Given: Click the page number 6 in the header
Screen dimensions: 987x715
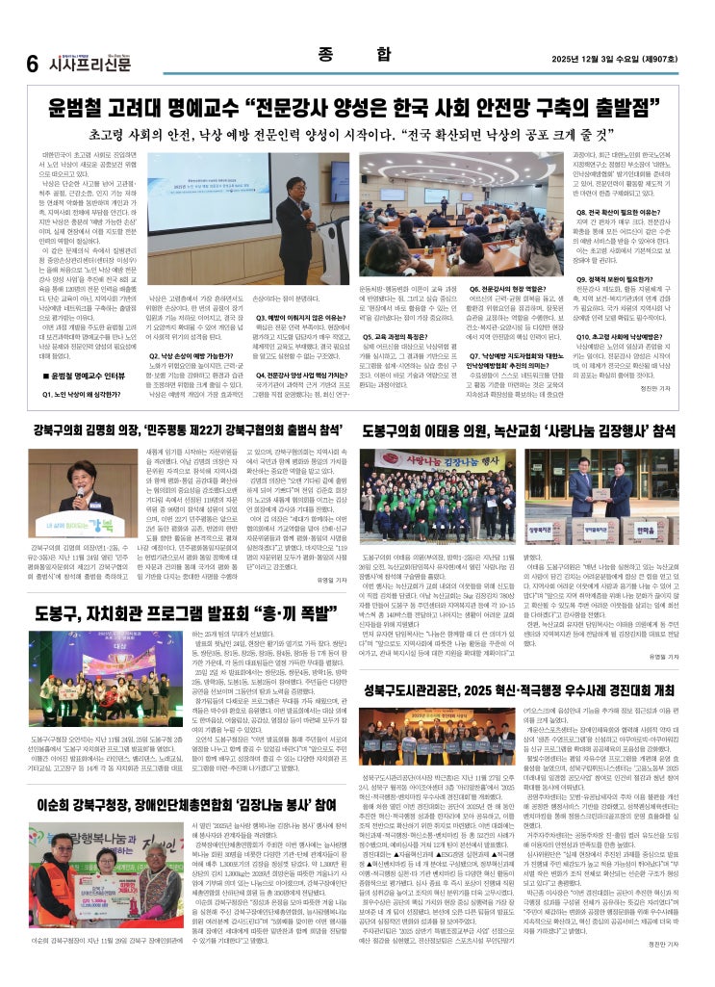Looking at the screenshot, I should pyautogui.click(x=32, y=63).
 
